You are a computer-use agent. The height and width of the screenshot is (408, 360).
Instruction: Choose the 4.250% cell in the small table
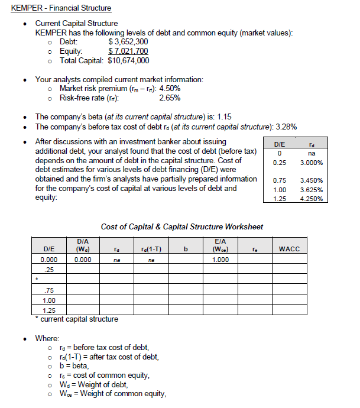point(312,199)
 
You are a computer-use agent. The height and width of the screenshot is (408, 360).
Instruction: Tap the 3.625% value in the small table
point(312,190)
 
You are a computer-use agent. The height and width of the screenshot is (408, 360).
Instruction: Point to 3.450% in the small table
point(312,180)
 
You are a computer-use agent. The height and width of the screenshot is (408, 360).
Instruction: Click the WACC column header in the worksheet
point(289,250)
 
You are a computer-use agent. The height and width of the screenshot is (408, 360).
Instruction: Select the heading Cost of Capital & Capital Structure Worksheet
point(182,226)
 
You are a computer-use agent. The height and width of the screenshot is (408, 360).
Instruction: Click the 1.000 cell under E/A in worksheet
point(220,260)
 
